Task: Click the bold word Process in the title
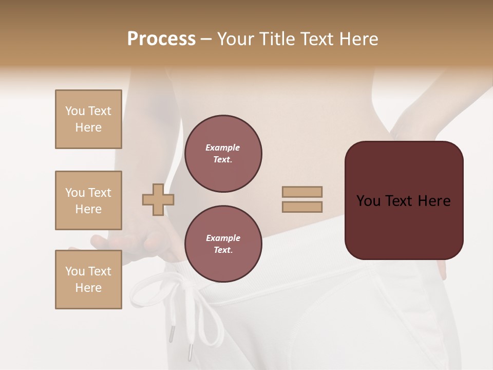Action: click(161, 39)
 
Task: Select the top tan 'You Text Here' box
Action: click(88, 119)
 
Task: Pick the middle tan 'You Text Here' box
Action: click(88, 200)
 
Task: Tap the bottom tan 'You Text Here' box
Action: click(88, 280)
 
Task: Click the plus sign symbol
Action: click(158, 199)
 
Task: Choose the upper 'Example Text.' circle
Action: click(223, 154)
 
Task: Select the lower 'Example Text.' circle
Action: click(223, 244)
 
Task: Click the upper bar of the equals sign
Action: click(302, 192)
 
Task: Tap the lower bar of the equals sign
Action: click(302, 207)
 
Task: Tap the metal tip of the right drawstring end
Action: click(189, 353)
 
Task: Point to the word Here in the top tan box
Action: click(88, 127)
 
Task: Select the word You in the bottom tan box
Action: click(75, 271)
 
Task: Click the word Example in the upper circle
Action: click(223, 148)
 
